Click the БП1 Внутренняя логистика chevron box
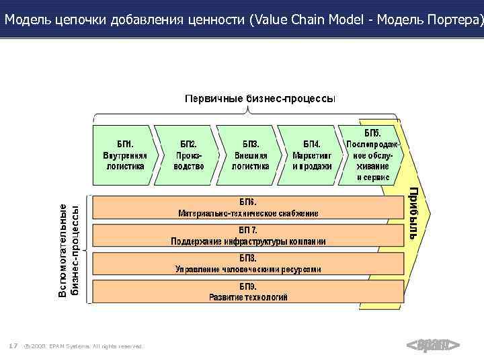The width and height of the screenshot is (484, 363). click(x=124, y=155)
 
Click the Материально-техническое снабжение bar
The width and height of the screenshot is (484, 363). click(x=247, y=207)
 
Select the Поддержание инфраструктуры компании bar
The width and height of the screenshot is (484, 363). click(x=247, y=235)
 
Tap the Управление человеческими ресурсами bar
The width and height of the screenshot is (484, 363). click(x=247, y=264)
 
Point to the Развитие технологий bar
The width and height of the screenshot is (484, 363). click(x=247, y=291)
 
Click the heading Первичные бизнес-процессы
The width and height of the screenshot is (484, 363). click(x=260, y=99)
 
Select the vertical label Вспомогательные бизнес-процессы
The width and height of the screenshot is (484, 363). click(x=71, y=251)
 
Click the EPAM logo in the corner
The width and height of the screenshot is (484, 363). click(x=433, y=346)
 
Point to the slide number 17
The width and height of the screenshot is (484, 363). click(x=13, y=346)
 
